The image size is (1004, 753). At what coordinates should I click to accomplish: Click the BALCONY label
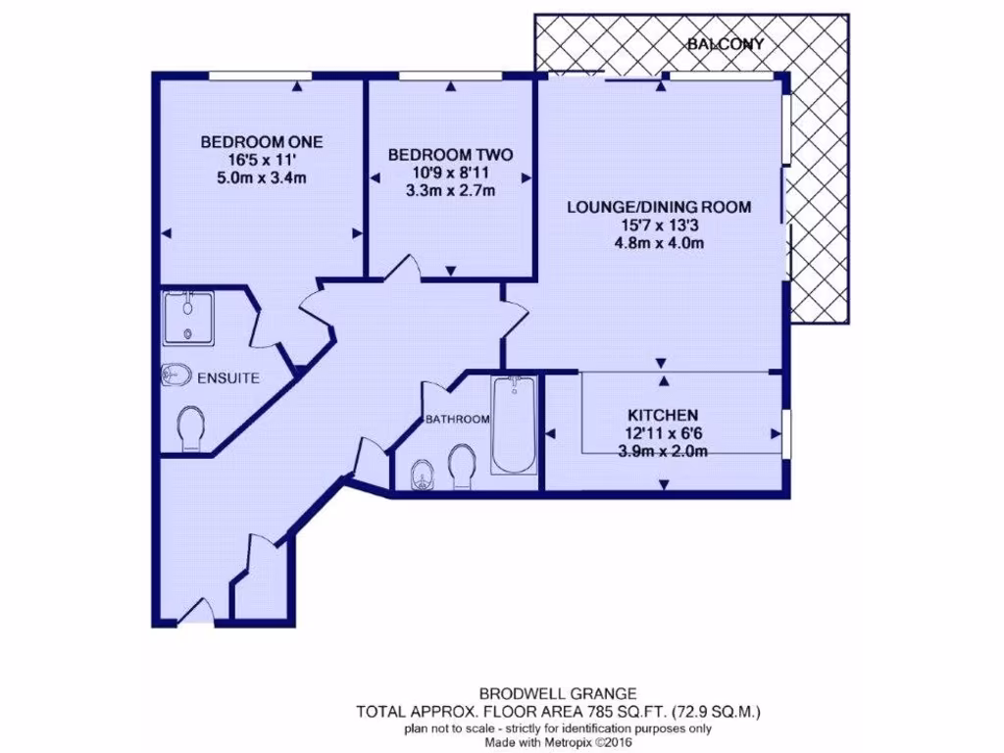[x=726, y=44]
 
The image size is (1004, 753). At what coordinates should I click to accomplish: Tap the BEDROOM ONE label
[x=261, y=141]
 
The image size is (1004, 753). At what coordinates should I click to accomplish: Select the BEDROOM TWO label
[x=449, y=155]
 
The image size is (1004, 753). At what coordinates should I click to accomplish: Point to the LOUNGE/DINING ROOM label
[x=659, y=207]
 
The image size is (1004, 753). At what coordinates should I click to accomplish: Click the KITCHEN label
[x=664, y=415]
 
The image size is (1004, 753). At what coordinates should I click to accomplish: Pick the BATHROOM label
[x=457, y=420]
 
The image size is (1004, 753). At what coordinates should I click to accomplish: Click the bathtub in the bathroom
[x=514, y=424]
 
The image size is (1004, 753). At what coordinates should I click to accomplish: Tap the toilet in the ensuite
[x=189, y=428]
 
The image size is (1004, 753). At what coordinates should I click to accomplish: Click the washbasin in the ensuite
[x=176, y=376]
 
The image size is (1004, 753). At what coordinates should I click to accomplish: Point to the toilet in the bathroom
[x=461, y=464]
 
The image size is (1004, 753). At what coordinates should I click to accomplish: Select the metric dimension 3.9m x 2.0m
[x=664, y=451]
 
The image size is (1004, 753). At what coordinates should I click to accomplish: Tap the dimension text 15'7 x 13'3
[x=659, y=226]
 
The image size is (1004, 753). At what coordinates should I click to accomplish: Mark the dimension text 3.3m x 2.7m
[x=449, y=191]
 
